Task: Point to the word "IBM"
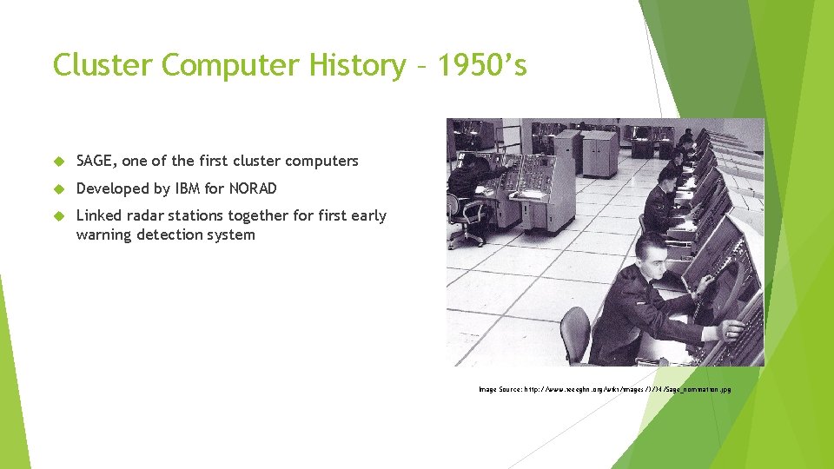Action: tap(187, 188)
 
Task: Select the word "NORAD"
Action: tap(252, 188)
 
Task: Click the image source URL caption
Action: tap(605, 389)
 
